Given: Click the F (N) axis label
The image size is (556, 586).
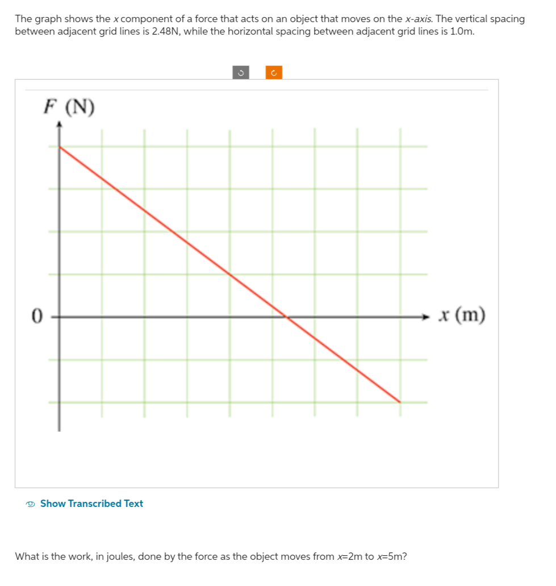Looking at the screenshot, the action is click(x=69, y=107).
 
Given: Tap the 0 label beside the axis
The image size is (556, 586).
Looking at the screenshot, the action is click(x=37, y=315).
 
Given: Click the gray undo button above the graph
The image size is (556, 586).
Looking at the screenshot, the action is click(x=240, y=73).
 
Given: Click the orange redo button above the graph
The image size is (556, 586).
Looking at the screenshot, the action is click(x=273, y=73).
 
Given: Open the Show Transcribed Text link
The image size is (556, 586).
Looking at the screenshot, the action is click(x=91, y=504).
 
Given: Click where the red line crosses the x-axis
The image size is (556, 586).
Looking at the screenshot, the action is click(x=286, y=317).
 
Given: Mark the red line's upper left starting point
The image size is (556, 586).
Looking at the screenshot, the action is click(x=60, y=147).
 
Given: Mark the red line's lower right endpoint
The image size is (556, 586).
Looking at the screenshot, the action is click(x=400, y=402).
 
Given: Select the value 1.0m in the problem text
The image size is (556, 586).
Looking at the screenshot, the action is click(x=461, y=31).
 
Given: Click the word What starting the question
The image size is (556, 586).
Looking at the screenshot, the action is click(x=26, y=556).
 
